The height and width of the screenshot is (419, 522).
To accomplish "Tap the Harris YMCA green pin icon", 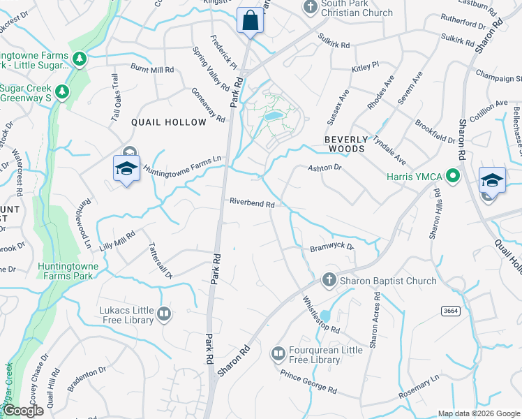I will pyautogui.click(x=452, y=175).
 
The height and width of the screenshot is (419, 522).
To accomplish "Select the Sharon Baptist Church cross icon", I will pyautogui.click(x=329, y=281).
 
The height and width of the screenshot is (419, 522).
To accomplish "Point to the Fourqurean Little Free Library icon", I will pyautogui.click(x=278, y=354).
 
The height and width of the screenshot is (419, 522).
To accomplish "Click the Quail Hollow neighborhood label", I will pyautogui.click(x=170, y=122).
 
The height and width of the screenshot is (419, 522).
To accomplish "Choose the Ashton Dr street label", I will pyautogui.click(x=325, y=168).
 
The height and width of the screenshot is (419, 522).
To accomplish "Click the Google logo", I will pyautogui.click(x=22, y=411).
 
